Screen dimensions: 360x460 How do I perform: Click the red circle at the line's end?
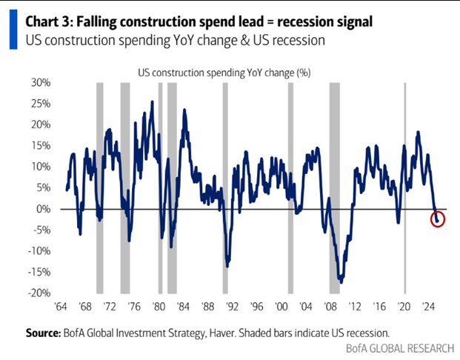437,219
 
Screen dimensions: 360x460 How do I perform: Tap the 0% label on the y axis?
42,209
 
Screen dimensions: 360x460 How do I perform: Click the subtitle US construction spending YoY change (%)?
215,72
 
